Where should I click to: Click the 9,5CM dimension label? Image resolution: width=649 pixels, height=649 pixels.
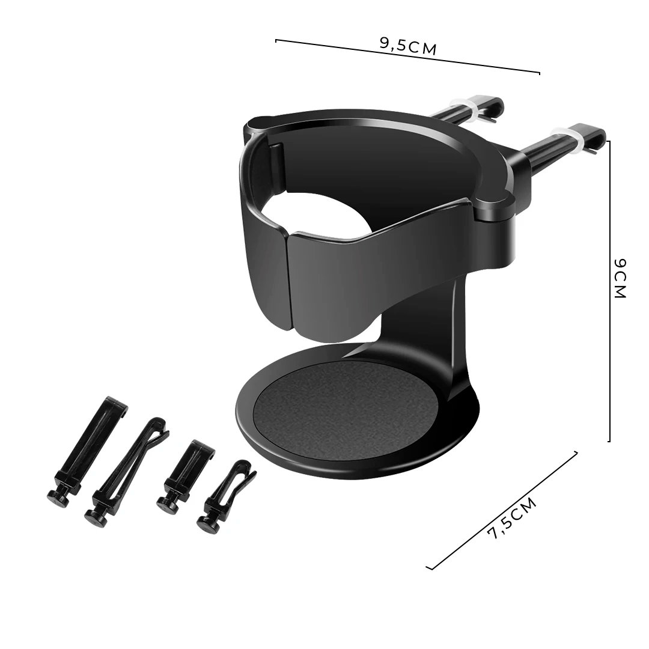tap(407, 46)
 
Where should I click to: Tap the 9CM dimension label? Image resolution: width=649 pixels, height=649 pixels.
tap(620, 278)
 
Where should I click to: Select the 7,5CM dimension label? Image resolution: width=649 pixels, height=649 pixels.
tap(511, 519)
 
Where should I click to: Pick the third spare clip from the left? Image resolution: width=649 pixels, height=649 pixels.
tap(186, 475)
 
